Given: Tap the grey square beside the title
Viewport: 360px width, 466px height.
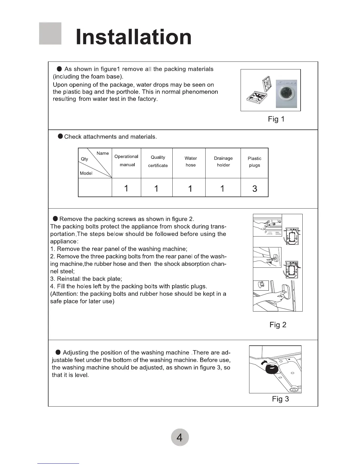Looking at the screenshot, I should [x=50, y=34].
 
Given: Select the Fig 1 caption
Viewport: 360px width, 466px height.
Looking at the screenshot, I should [x=276, y=119].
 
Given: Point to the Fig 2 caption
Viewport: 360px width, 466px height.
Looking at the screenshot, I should [x=278, y=325].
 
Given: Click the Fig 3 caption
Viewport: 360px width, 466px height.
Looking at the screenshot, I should [x=280, y=399].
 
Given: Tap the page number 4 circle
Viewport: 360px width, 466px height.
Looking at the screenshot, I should [x=179, y=437].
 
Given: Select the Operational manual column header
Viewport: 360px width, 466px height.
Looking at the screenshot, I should [x=126, y=161].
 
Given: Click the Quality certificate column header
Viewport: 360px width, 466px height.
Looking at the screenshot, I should [x=158, y=162].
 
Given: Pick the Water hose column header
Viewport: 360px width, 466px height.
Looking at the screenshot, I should [x=191, y=162].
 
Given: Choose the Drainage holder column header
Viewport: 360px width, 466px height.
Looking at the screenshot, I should [x=223, y=162].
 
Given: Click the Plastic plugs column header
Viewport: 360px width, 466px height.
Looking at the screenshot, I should [x=254, y=162].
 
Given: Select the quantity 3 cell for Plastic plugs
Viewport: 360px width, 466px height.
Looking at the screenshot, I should [x=255, y=188].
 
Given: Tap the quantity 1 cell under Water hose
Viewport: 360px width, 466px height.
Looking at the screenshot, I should [x=190, y=188].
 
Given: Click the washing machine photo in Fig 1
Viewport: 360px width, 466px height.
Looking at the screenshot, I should [x=286, y=94].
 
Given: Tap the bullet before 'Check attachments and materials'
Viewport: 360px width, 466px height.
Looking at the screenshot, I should [x=60, y=136].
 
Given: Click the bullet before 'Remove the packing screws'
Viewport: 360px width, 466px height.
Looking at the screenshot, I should [x=55, y=219].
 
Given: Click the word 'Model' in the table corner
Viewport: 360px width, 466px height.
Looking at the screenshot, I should [x=86, y=173].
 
